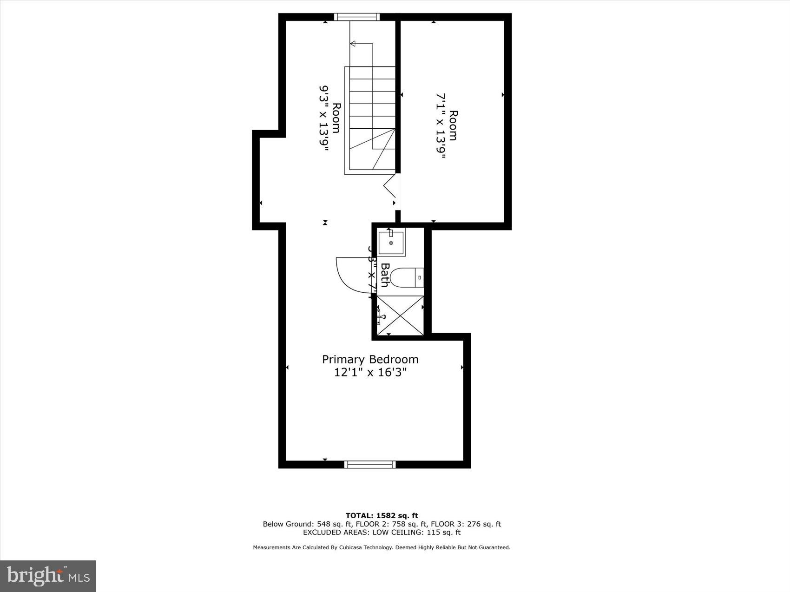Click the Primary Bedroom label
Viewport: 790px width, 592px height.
pyautogui.click(x=370, y=359)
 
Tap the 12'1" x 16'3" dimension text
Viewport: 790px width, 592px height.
pyautogui.click(x=370, y=372)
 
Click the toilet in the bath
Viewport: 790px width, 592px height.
pyautogui.click(x=406, y=278)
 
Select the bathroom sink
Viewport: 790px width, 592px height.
pyautogui.click(x=391, y=242)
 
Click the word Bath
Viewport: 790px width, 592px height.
pyautogui.click(x=385, y=275)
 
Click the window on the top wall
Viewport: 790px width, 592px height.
pyautogui.click(x=356, y=17)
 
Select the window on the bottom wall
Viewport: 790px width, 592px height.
pyautogui.click(x=370, y=464)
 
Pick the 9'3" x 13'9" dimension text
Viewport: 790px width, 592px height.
pyautogui.click(x=324, y=118)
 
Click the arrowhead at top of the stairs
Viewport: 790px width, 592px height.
pyautogui.click(x=353, y=44)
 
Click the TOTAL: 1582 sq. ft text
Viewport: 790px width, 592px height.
pyautogui.click(x=382, y=515)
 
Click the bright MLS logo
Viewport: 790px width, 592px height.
pyautogui.click(x=48, y=576)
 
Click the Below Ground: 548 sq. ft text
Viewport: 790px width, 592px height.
pyautogui.click(x=307, y=524)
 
